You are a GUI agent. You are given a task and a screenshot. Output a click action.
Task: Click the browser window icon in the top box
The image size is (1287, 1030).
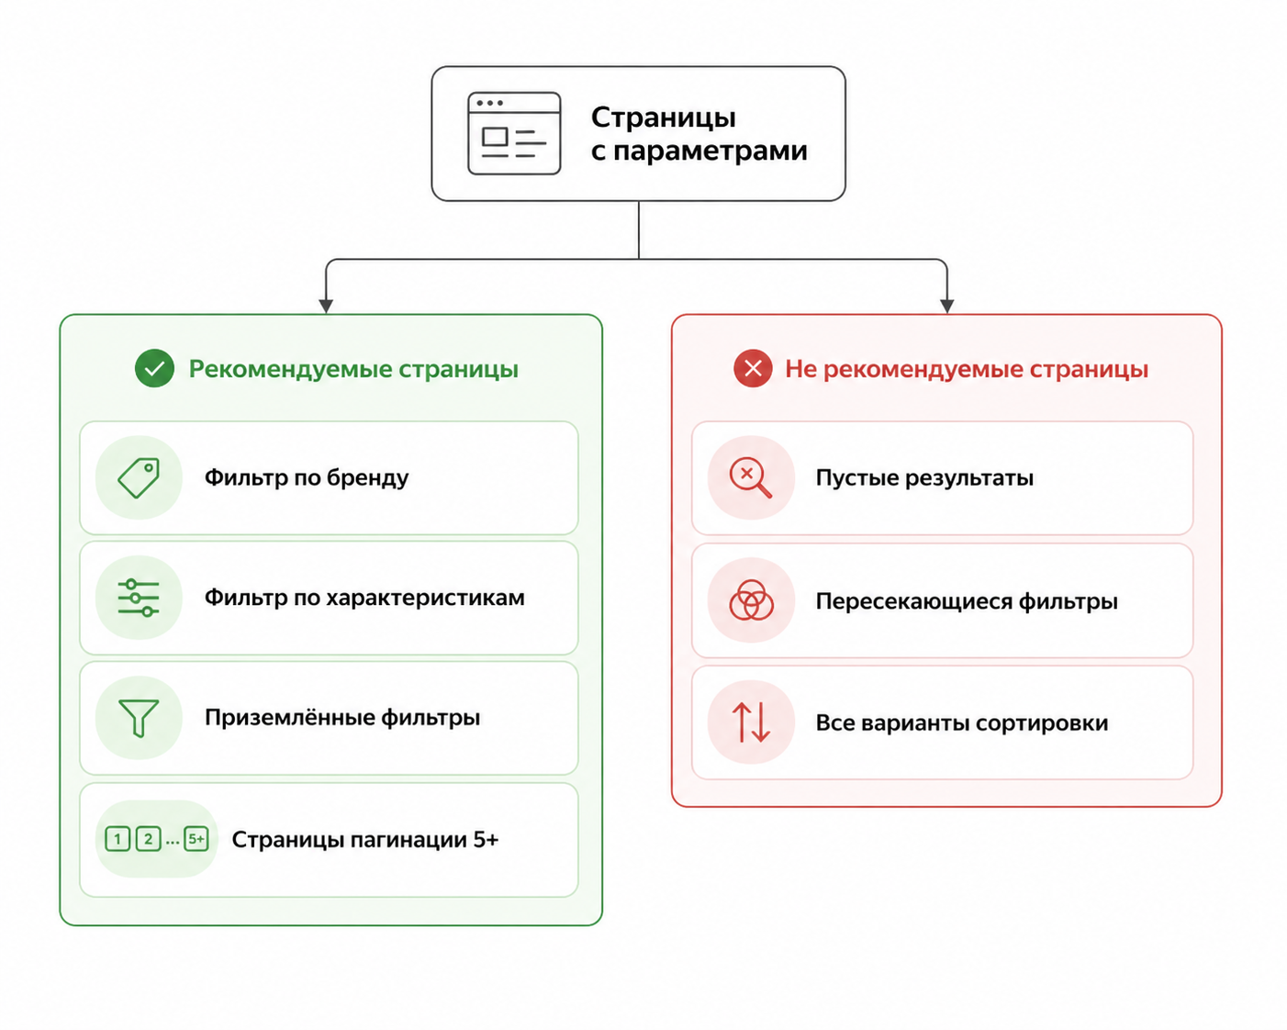tap(514, 133)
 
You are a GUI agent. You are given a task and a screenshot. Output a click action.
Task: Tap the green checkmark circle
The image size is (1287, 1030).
tap(154, 368)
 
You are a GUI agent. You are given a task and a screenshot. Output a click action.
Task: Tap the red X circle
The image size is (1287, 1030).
tap(753, 368)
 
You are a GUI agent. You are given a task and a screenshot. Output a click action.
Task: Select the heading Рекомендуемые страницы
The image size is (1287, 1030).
tap(353, 369)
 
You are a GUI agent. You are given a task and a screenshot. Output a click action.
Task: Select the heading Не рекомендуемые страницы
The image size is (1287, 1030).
tap(967, 369)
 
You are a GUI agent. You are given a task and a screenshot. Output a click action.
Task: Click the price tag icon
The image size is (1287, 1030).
tap(139, 477)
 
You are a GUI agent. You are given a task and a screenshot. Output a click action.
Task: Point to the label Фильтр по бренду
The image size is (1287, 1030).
tap(307, 478)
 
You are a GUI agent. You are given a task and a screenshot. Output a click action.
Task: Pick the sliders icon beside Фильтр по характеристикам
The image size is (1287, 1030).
tap(139, 598)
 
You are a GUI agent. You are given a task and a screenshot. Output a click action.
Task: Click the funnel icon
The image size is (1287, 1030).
tap(139, 718)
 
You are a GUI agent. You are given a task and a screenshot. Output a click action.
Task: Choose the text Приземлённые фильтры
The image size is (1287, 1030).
tap(342, 717)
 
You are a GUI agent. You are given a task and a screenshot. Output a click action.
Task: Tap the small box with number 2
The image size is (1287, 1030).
tap(148, 839)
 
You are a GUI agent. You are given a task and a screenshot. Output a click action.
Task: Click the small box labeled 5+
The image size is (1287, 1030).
tap(196, 838)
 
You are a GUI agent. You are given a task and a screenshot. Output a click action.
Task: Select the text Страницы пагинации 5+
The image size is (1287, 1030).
tap(364, 840)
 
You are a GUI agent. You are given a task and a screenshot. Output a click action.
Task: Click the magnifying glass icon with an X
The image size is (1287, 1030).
tap(751, 477)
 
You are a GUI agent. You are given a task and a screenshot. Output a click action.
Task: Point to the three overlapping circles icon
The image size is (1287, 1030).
tap(751, 600)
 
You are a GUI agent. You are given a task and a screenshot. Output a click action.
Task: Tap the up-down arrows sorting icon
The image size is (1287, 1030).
tap(751, 722)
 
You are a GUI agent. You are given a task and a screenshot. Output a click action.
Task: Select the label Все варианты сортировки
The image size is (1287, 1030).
tap(962, 723)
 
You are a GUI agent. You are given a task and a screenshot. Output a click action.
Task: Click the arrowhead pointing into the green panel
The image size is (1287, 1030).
tap(325, 306)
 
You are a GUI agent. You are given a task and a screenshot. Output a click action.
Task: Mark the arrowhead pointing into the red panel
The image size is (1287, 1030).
tap(946, 306)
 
